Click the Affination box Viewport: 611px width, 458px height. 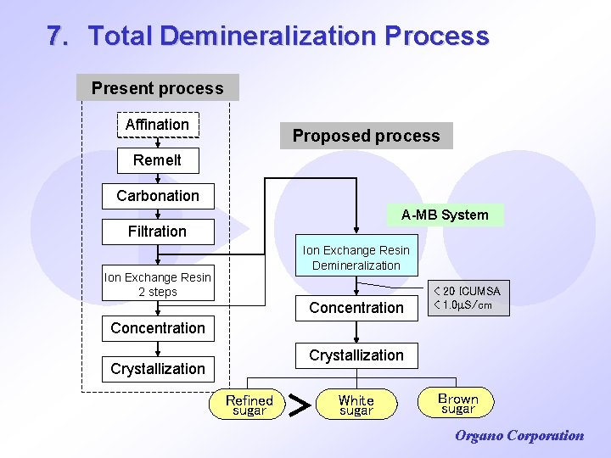157,125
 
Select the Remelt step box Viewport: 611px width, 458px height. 157,159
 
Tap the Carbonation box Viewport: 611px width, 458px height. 158,196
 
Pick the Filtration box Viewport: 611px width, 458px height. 157,231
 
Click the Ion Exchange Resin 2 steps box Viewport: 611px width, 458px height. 158,284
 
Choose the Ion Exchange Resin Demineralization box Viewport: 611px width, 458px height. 356,257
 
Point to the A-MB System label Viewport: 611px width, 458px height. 445,215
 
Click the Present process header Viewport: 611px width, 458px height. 157,88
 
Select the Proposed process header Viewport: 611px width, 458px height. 366,136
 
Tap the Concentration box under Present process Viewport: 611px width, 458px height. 158,328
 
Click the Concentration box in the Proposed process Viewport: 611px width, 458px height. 356,307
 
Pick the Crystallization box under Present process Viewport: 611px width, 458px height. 158,369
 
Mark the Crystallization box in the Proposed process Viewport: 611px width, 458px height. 356,355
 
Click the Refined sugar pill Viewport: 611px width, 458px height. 249,405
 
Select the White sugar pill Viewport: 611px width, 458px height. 356,405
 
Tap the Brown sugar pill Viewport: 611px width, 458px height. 457,403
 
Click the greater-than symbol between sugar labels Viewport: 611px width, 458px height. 299,405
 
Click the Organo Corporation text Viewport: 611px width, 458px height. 519,436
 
